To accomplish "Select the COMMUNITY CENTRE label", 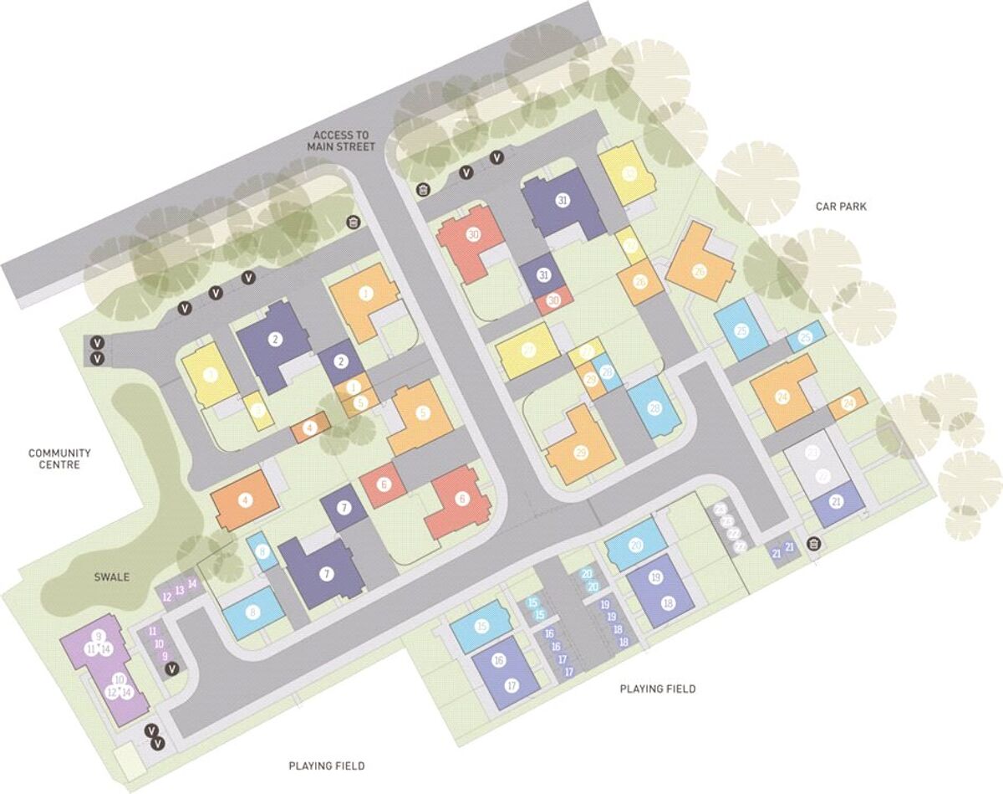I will click(x=59, y=458).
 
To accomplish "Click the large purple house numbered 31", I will click(x=563, y=201).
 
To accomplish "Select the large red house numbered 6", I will click(x=461, y=501).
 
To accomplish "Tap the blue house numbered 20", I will click(x=636, y=546).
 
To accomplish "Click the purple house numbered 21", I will click(x=837, y=502).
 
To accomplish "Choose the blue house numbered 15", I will click(x=481, y=627).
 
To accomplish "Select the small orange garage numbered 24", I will click(x=848, y=403).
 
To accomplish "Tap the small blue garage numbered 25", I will click(x=806, y=337).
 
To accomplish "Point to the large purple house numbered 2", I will click(x=274, y=340).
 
